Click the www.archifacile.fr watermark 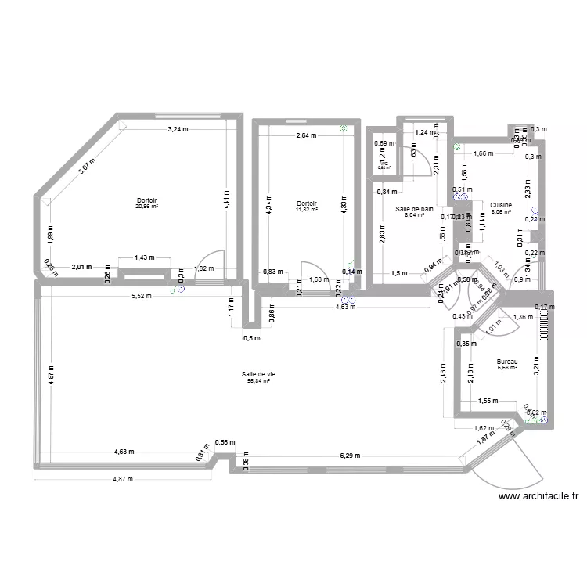pos(538,495)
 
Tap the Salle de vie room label pos(258,374)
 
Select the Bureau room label pos(507,362)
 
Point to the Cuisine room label pos(501,204)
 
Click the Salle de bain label pos(415,209)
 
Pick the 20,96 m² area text pos(147,207)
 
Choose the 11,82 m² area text pos(304,210)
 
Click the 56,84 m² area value pos(258,381)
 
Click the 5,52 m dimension pos(141,297)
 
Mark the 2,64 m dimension pos(305,135)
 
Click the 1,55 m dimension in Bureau pos(487,401)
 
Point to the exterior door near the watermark pos(517,462)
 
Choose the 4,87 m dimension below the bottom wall pos(122,479)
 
